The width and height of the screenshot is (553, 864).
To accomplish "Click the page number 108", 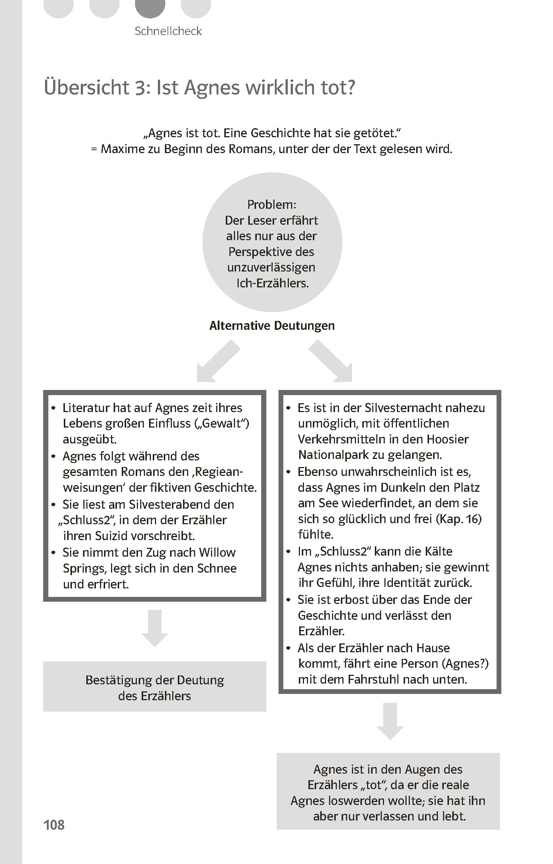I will [54, 825].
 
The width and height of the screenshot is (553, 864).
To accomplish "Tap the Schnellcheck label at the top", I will [168, 31].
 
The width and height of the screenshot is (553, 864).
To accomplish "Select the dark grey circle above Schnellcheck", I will [150, 7].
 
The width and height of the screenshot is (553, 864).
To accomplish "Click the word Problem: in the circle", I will [272, 204].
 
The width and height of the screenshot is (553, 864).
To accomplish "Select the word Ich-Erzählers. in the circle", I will [272, 283].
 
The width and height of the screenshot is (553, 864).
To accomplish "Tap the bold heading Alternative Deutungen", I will [272, 325].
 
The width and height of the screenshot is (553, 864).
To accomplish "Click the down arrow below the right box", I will [390, 721].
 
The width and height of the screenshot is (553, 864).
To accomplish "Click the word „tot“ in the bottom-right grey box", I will [373, 785].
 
